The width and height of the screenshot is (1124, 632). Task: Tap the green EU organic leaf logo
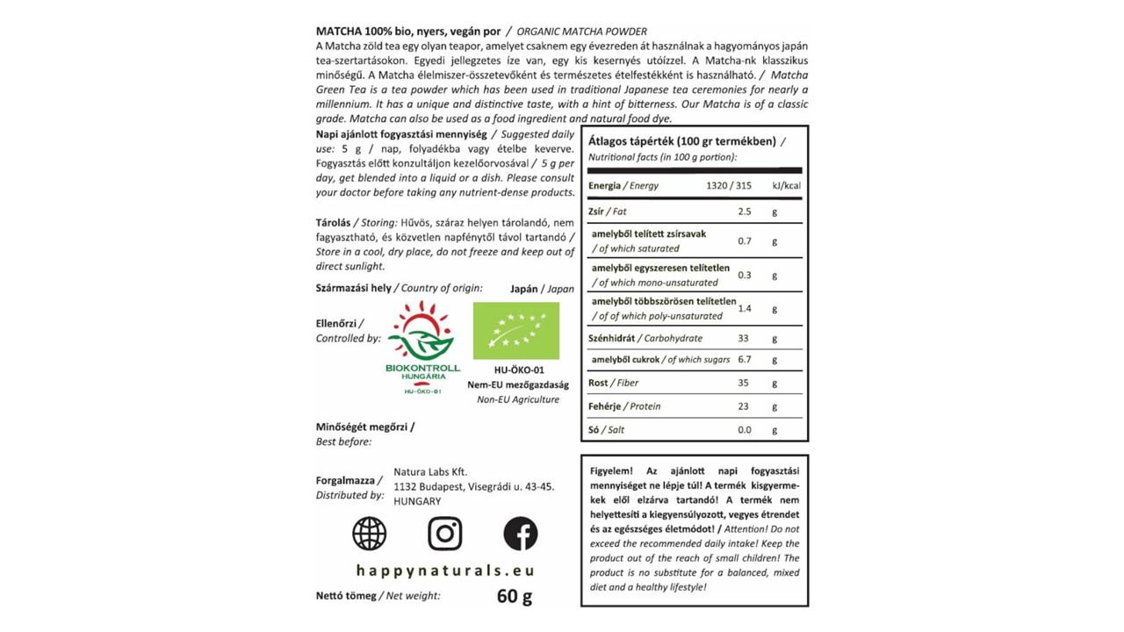pos(515,331)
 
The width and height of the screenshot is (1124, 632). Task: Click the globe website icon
pos(369,534)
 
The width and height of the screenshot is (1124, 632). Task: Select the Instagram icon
pos(445,534)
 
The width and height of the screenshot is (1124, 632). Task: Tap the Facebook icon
pos(520,534)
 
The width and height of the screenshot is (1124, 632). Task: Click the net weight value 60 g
pos(515,597)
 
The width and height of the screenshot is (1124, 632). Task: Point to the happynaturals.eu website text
pos(445,571)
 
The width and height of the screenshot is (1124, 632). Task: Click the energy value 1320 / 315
pos(730,186)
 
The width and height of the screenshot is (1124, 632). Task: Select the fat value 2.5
pos(745,212)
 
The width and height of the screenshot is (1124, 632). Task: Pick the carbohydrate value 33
pos(744,339)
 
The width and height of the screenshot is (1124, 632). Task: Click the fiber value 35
pos(744,384)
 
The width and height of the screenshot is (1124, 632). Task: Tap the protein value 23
pos(744,407)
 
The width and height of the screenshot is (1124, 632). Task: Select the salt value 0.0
pos(745,430)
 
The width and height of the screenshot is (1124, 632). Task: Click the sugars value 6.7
pos(745,360)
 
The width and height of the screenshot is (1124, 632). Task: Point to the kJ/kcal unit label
pos(786,186)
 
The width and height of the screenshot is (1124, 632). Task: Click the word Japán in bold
pos(523,289)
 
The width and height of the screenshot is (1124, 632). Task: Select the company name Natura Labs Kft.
pos(430,472)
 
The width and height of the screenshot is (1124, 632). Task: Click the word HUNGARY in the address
pos(417,501)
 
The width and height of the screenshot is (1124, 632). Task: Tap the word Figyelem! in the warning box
pos(611,471)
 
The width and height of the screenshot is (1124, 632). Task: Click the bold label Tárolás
pos(333,223)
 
